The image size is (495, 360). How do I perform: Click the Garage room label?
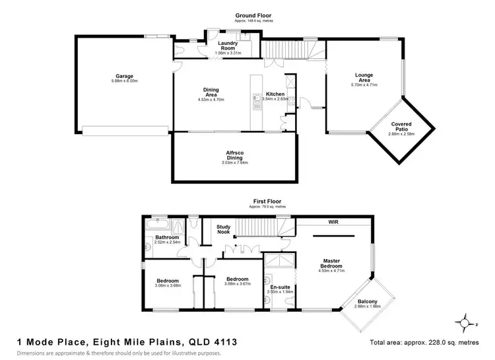[124, 77]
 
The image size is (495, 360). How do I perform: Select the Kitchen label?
[275, 94]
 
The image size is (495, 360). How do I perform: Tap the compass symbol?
[467, 324]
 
